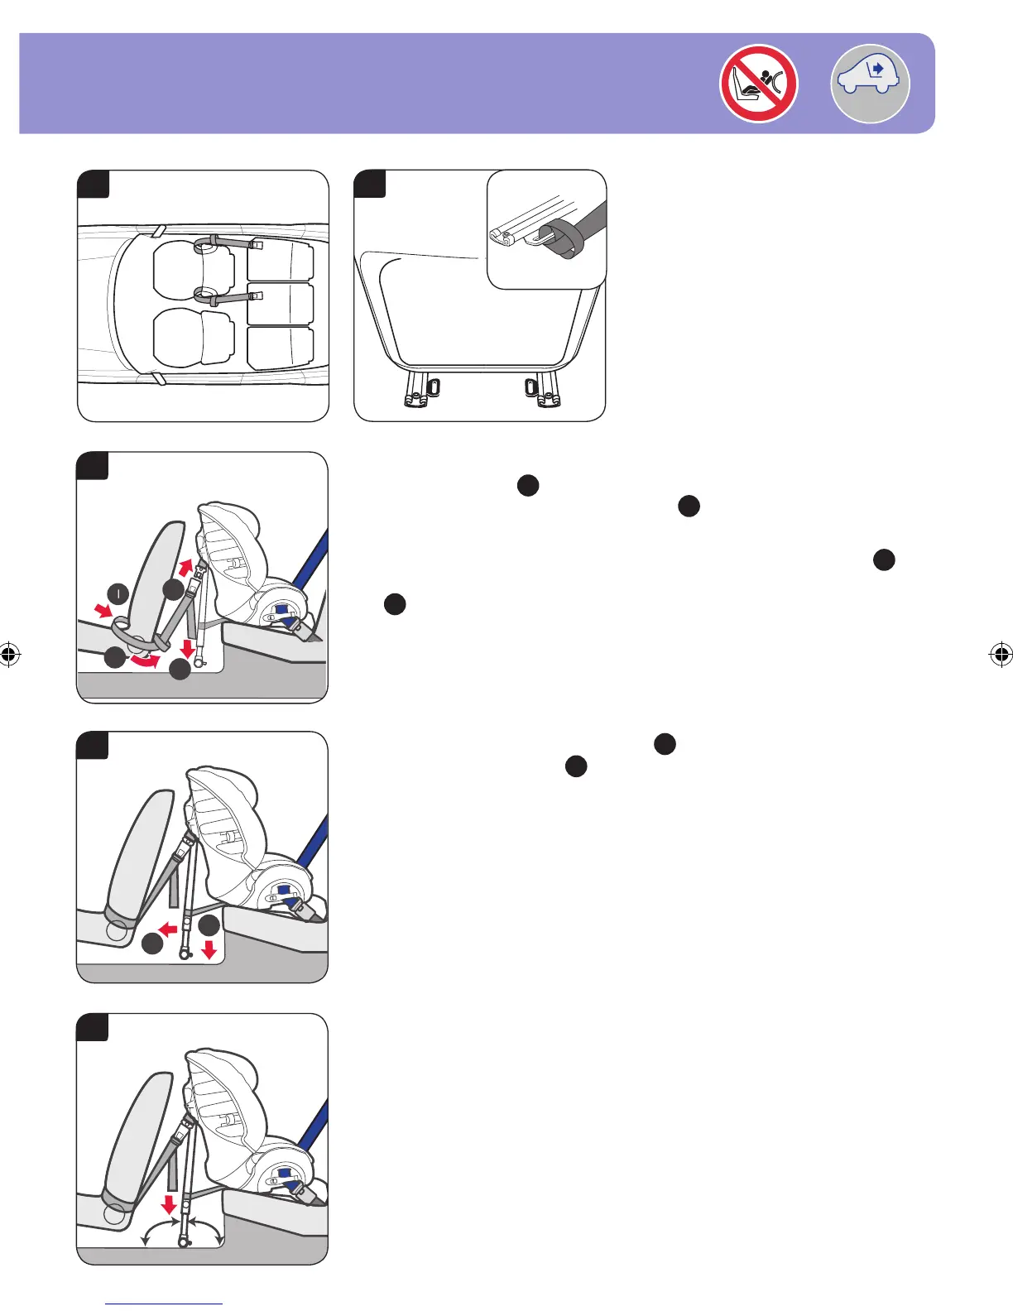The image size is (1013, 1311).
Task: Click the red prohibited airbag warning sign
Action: (758, 84)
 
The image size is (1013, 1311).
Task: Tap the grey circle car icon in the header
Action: (870, 84)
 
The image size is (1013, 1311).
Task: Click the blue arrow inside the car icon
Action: (878, 68)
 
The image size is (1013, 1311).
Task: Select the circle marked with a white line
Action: (118, 593)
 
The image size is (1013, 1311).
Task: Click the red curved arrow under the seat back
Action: (146, 660)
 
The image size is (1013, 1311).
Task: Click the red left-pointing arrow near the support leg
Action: (170, 930)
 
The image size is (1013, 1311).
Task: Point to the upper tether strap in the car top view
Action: (228, 243)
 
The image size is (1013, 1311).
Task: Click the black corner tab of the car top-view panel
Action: (94, 184)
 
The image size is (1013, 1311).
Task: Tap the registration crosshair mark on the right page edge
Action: (1001, 655)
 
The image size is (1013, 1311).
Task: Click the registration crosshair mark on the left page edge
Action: (10, 655)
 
